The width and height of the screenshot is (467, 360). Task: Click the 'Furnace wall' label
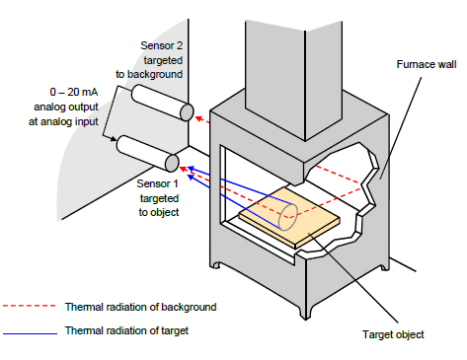click(x=427, y=64)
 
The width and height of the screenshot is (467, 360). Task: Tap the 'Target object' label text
click(x=393, y=334)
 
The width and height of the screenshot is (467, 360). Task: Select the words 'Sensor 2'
click(x=161, y=45)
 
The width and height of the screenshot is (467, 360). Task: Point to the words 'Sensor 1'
click(x=157, y=183)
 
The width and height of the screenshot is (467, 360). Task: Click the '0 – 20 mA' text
click(x=74, y=92)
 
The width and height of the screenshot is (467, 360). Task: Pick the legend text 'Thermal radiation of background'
click(x=141, y=307)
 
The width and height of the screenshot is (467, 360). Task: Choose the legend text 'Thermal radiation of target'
click(x=126, y=330)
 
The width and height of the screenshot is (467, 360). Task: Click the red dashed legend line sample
click(x=30, y=306)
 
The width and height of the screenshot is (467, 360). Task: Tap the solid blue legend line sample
click(x=30, y=333)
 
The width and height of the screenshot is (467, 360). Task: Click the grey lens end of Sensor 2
click(x=187, y=112)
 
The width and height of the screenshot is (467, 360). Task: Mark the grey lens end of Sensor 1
click(x=172, y=163)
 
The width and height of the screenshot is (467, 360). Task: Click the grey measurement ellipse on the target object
click(x=288, y=217)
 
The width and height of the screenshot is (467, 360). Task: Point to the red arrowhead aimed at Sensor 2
click(x=198, y=118)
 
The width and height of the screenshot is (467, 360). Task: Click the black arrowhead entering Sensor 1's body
click(x=114, y=139)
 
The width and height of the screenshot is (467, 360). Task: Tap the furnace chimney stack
click(x=293, y=79)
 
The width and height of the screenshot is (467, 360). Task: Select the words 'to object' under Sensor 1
click(x=159, y=212)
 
